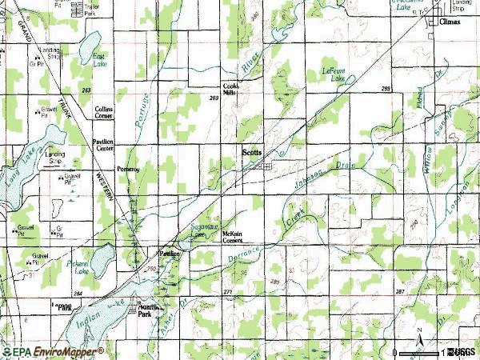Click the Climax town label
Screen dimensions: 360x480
[x=450, y=24]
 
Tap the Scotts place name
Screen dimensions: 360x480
[x=252, y=151]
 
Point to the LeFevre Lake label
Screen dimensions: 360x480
[x=334, y=74]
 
